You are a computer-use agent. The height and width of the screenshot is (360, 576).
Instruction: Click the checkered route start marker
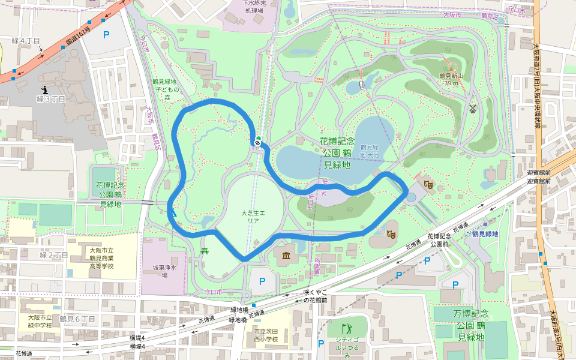pos(257,142)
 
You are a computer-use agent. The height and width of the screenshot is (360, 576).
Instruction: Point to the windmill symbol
pos(473,109)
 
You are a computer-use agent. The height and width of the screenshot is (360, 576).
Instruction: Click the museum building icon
pos(286,257)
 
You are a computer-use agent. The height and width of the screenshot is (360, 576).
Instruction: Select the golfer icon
pos(346,328)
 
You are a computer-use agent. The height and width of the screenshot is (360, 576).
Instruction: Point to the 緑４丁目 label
pos(26,41)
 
